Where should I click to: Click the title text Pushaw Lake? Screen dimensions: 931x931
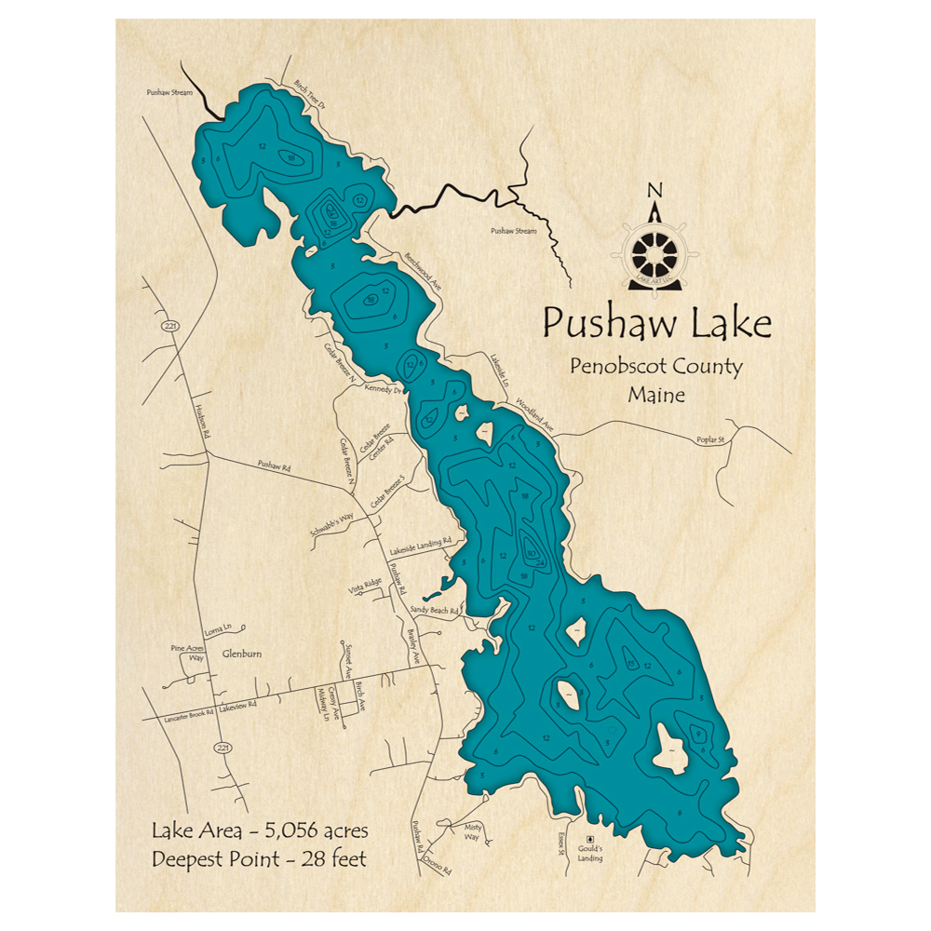[x=657, y=325]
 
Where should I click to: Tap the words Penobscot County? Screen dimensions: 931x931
[x=656, y=367]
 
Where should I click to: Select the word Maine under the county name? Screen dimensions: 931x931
[x=656, y=395]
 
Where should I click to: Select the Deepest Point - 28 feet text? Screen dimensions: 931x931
[x=260, y=857]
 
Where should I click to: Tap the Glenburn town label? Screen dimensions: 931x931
[x=242, y=654]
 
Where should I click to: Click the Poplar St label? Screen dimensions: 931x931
[x=709, y=440]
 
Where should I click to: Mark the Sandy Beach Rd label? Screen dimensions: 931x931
[x=435, y=611]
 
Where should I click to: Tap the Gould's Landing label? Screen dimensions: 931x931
[x=589, y=854]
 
